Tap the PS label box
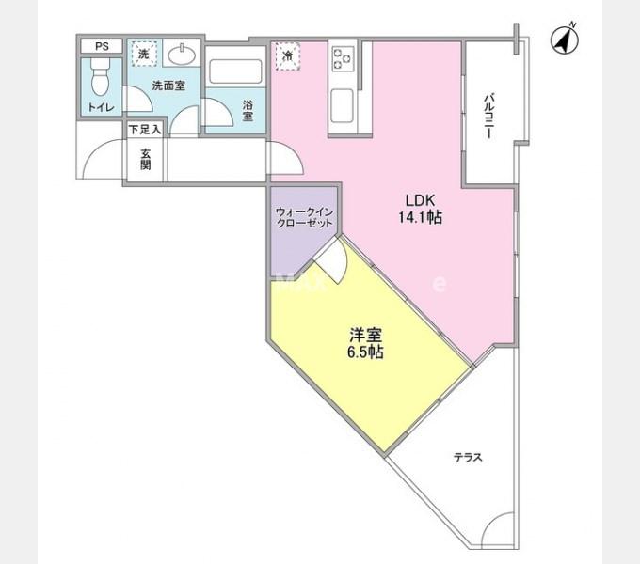click(x=101, y=46)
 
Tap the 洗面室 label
click(x=168, y=86)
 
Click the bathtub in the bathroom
click(x=234, y=72)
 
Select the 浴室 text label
click(x=248, y=110)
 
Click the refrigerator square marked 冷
click(x=286, y=56)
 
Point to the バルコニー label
click(x=489, y=117)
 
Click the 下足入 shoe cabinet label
click(x=145, y=128)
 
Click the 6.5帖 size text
click(x=365, y=353)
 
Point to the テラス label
click(x=468, y=458)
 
